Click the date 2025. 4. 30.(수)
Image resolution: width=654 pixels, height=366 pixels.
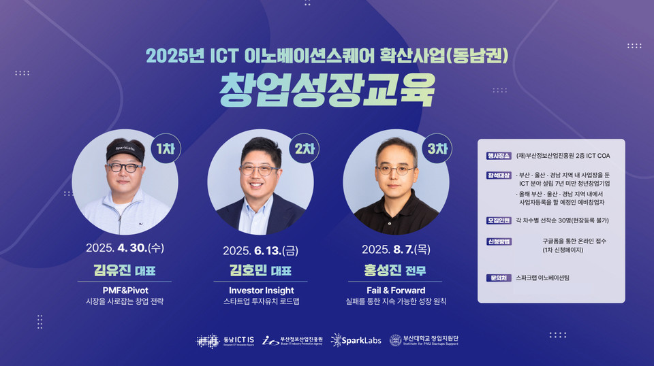point(124,248)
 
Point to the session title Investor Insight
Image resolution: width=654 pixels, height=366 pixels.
point(262,290)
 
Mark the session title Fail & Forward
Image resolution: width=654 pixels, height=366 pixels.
point(396,290)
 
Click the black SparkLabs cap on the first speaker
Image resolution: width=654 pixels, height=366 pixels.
point(124,149)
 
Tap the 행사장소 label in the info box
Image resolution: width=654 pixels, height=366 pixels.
point(497,156)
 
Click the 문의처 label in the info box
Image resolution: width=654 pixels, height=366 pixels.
point(495,278)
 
